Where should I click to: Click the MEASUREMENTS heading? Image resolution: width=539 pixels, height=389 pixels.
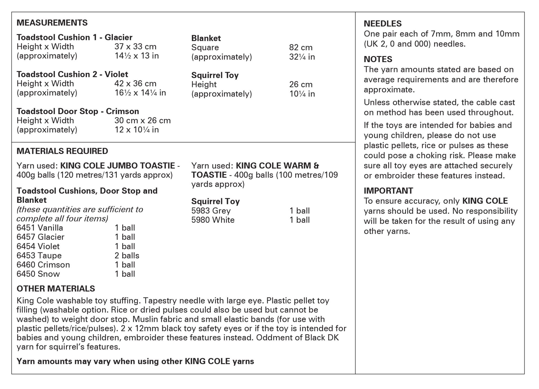[x=52, y=23]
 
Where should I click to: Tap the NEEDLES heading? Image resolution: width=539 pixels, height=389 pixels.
[x=382, y=24]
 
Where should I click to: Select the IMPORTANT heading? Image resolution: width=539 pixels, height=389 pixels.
[x=388, y=191]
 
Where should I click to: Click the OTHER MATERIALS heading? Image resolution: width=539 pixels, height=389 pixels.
[x=56, y=288]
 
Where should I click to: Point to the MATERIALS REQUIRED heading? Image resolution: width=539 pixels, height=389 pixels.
[x=62, y=151]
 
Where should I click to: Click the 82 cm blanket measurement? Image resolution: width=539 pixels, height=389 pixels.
[x=301, y=47]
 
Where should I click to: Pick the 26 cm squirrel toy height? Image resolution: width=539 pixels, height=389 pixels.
[x=301, y=84]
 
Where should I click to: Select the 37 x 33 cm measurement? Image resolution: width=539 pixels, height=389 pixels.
[x=135, y=47]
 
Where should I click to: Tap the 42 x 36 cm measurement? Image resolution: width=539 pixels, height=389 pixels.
[x=135, y=83]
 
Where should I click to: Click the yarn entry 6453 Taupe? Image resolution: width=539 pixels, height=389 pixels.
[x=39, y=255]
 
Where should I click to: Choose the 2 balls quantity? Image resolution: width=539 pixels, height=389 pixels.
[x=127, y=255]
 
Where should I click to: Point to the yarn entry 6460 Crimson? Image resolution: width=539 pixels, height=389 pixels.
[x=43, y=265]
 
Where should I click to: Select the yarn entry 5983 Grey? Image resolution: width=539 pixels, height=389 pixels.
[x=211, y=211]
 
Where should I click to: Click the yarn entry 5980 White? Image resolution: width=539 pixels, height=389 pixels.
[x=213, y=220]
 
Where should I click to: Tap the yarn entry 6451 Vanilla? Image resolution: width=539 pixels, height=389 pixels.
[x=40, y=228]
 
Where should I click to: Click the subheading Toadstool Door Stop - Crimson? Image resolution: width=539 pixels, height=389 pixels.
[x=78, y=111]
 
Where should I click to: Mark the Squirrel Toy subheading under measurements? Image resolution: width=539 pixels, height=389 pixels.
[x=215, y=75]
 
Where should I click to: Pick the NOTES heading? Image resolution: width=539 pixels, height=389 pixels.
[x=378, y=59]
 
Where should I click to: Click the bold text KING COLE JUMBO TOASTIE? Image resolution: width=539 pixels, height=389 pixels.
[x=117, y=166]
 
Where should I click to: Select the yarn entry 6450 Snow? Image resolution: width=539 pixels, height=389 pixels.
[x=38, y=274]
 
